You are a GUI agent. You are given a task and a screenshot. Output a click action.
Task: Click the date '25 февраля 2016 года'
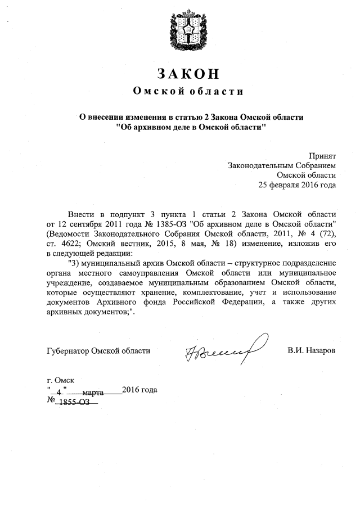point(297,184)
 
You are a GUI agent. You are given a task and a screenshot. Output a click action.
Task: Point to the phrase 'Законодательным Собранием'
point(282,165)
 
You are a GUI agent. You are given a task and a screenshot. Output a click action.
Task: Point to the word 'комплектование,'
point(219,292)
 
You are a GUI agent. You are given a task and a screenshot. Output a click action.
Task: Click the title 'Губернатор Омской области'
point(98,350)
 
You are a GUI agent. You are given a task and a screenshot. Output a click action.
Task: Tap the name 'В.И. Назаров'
point(311,350)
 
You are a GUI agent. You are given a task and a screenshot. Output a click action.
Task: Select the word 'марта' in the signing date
point(93,390)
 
